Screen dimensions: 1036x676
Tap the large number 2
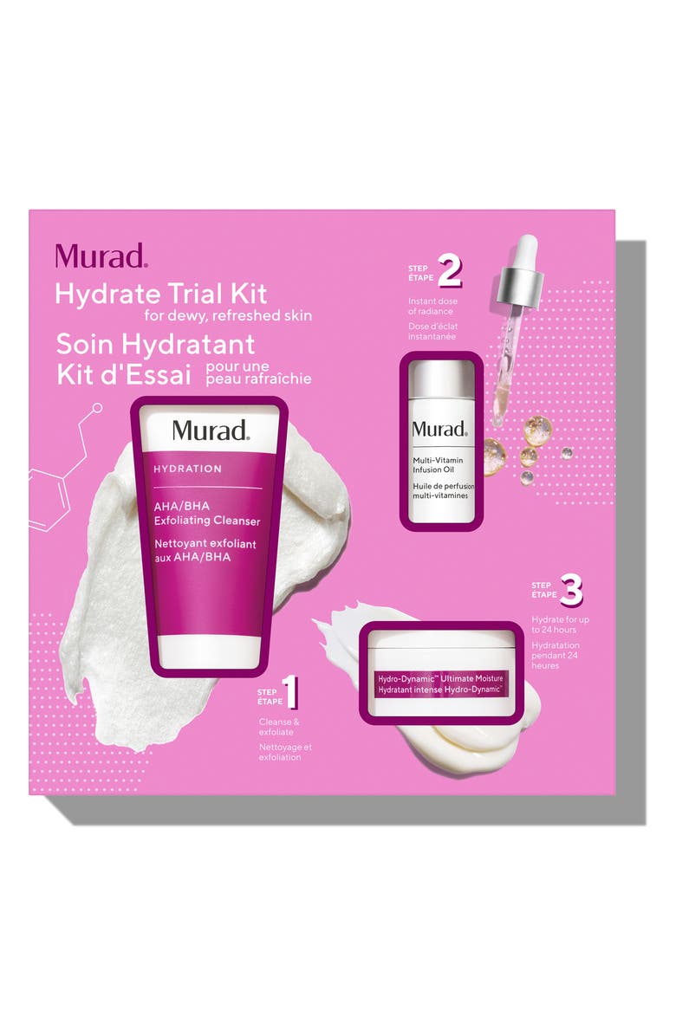(x=450, y=272)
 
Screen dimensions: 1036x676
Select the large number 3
(x=571, y=593)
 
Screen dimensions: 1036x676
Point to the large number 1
(x=292, y=693)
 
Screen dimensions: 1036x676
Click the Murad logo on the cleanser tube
(x=211, y=431)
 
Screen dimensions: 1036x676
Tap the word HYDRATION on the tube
(x=187, y=469)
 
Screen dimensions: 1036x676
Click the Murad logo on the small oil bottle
(x=439, y=429)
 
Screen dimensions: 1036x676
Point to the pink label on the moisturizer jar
(x=440, y=682)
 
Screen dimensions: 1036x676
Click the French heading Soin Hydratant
(x=155, y=345)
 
